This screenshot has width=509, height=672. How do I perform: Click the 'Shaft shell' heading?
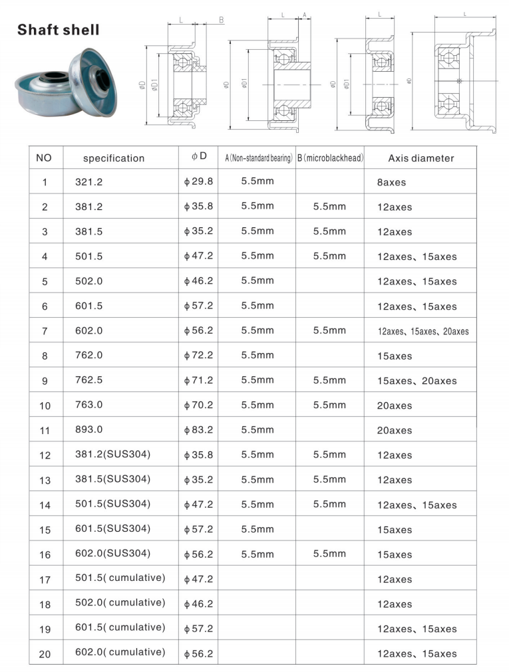[x=59, y=30]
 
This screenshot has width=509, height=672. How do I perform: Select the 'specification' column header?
[x=113, y=158]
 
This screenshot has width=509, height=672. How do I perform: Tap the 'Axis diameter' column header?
[x=421, y=158]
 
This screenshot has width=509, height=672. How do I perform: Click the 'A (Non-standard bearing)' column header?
[x=258, y=158]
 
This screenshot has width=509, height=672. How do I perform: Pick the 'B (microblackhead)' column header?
[x=330, y=158]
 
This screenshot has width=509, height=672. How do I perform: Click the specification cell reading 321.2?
[x=89, y=181]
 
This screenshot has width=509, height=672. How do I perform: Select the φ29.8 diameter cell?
[x=198, y=181]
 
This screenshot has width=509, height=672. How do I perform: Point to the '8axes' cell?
[x=391, y=182]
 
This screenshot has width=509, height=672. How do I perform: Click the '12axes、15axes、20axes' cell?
[x=423, y=331]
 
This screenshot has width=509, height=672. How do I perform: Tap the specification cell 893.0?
[x=89, y=430]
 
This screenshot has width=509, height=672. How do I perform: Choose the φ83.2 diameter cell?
[x=198, y=430]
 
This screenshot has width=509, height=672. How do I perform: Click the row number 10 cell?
[x=45, y=405]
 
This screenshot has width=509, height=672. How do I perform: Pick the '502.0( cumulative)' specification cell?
[x=120, y=603]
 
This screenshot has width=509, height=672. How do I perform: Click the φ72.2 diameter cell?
[x=198, y=356]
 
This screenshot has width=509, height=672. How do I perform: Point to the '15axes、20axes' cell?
[x=417, y=381]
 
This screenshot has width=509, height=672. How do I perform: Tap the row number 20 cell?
[x=45, y=653]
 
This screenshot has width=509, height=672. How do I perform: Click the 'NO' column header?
[x=45, y=158]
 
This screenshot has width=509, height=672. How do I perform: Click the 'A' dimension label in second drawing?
[x=304, y=14]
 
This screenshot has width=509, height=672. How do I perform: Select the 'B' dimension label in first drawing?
[x=221, y=20]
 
